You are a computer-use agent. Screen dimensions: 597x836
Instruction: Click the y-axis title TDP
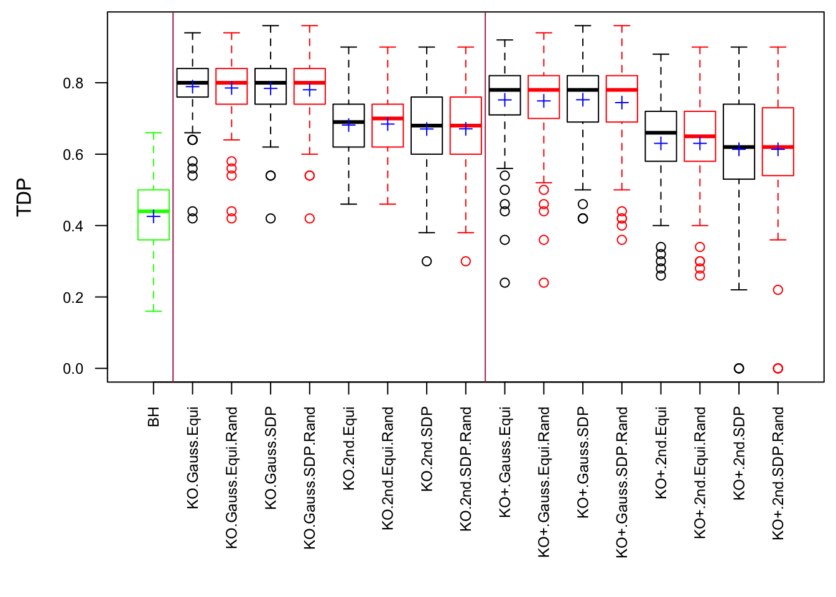click(x=24, y=197)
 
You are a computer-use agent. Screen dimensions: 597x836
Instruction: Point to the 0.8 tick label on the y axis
click(x=73, y=83)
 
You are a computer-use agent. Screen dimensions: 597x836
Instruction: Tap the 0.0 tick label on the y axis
click(x=73, y=369)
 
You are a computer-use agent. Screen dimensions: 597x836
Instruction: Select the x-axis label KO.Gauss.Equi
click(x=193, y=458)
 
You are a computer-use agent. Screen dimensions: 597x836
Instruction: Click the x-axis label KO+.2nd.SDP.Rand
click(x=778, y=473)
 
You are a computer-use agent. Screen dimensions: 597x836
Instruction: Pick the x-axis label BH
click(x=154, y=417)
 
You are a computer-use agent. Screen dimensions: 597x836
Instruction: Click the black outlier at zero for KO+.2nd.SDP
click(x=739, y=368)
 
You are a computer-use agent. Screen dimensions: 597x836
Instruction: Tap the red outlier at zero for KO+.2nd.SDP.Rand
click(x=778, y=368)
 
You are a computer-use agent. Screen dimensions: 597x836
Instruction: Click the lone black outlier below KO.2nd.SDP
click(x=427, y=261)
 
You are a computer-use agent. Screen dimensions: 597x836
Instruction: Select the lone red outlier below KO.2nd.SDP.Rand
click(x=466, y=261)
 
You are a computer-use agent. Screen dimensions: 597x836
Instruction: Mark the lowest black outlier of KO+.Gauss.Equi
click(x=505, y=282)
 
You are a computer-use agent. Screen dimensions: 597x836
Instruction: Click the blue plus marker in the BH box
click(x=154, y=216)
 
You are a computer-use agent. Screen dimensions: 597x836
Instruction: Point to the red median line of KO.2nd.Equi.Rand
click(x=388, y=118)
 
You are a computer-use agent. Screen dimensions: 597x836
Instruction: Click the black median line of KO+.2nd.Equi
click(x=661, y=132)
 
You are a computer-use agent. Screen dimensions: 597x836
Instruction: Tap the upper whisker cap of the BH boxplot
click(x=154, y=132)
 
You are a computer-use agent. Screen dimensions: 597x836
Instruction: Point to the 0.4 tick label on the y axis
click(x=73, y=226)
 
